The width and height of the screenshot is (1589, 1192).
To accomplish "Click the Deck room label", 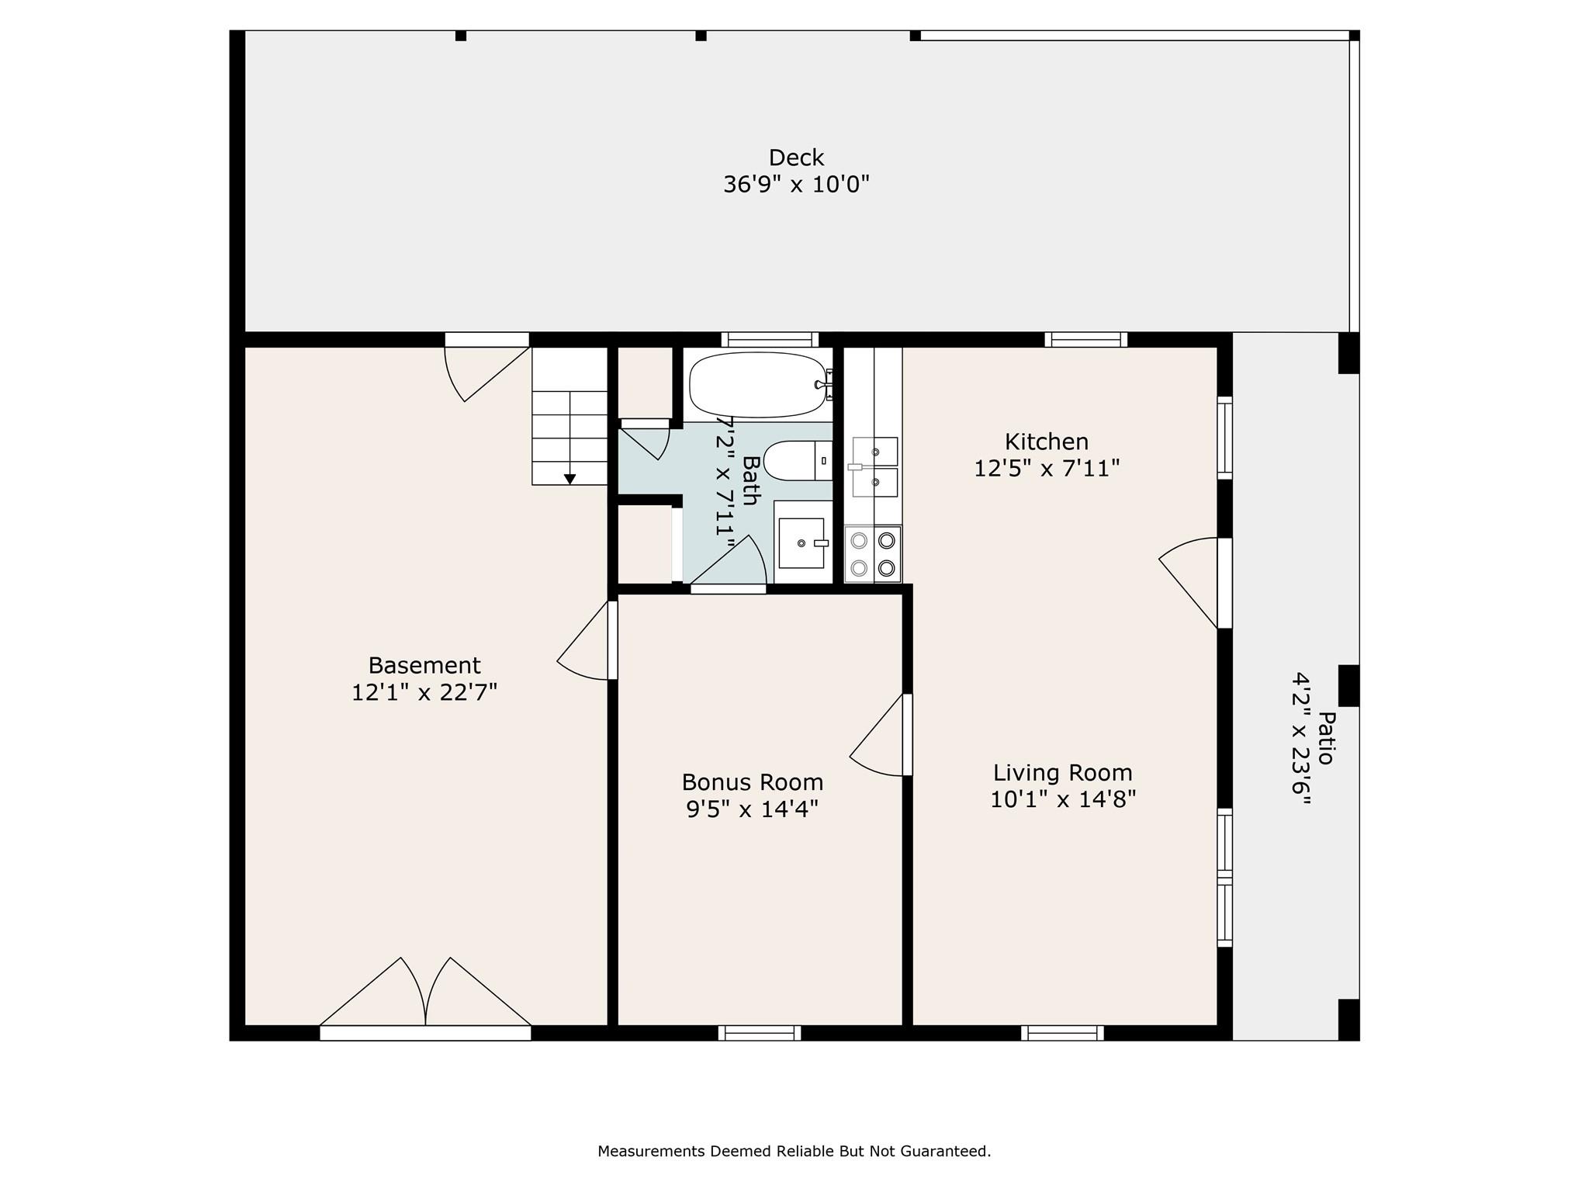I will click(x=795, y=158).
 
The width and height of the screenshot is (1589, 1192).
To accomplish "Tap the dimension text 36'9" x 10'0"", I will click(x=795, y=185).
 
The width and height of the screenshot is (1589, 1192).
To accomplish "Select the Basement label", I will click(x=424, y=665).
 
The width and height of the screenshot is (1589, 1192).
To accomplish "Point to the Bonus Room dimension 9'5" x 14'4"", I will click(x=752, y=809).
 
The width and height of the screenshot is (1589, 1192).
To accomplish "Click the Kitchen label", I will click(x=1046, y=442).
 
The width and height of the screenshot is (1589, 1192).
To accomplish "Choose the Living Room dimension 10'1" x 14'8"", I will click(x=1062, y=799).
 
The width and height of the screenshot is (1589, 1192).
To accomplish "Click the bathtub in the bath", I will click(x=757, y=385).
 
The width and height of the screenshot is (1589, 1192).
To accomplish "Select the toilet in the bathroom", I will click(x=796, y=461).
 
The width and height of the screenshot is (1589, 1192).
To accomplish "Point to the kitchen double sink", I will click(x=874, y=466).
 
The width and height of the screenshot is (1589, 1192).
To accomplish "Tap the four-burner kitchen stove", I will click(x=873, y=554).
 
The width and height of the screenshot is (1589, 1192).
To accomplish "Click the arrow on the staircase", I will click(x=569, y=479).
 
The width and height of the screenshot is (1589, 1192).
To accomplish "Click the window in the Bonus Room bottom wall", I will click(x=759, y=1033).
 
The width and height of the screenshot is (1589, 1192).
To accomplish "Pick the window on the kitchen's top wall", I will click(x=1085, y=339).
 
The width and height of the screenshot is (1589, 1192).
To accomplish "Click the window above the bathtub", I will click(x=769, y=339).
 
